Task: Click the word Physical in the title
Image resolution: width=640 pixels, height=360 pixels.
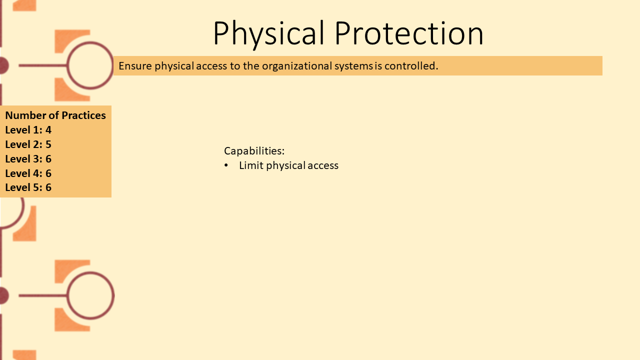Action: tap(269, 33)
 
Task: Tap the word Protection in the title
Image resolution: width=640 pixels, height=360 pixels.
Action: tap(409, 33)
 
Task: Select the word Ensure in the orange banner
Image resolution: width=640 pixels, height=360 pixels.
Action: tap(135, 66)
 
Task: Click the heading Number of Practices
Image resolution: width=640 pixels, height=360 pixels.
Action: tap(55, 115)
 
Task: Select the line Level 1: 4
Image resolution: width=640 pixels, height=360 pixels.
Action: tap(28, 130)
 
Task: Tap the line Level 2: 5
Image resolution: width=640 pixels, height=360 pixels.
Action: tap(28, 144)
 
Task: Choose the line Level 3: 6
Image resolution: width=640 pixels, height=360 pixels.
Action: tap(28, 159)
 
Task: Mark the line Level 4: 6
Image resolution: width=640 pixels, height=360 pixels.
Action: tap(28, 173)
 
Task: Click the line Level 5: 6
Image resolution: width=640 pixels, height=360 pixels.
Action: tap(28, 187)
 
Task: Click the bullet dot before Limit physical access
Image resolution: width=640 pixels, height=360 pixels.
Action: tap(226, 165)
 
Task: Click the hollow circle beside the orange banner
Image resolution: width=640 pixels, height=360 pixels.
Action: tap(67, 65)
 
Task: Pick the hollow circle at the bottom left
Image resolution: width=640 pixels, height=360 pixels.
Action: tap(67, 295)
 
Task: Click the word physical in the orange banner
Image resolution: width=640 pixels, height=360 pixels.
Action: tap(174, 66)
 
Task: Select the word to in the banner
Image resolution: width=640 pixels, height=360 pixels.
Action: tap(235, 66)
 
